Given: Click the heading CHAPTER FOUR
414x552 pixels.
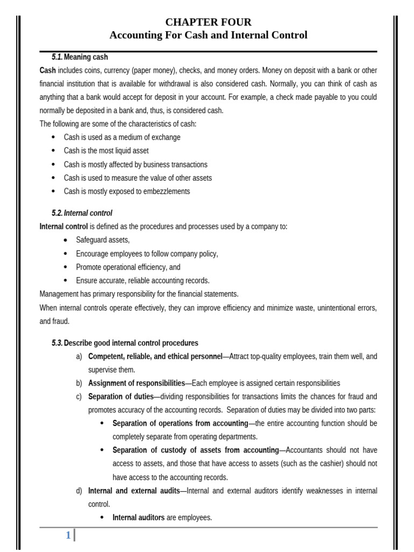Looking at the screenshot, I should (208, 22).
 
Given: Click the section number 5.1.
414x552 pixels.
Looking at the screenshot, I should (57, 57).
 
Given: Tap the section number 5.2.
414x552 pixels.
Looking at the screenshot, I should (57, 213).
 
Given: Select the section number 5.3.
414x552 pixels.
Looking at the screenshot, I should (57, 343).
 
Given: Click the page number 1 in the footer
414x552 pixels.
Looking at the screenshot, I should (68, 535).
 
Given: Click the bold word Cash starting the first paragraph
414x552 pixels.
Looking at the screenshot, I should (47, 70).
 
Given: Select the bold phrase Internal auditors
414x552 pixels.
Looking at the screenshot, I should (139, 517).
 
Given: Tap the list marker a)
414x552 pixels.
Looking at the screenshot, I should (79, 356).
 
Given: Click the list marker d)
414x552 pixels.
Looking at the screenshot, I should (79, 491).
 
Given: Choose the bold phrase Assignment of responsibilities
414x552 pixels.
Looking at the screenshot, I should (136, 383).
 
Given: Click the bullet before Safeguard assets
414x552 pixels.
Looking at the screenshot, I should (65, 240).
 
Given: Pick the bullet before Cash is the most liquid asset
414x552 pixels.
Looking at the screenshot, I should (53, 151).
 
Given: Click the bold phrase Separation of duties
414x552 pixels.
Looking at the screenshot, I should (121, 397).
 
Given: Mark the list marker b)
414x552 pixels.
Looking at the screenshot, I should (79, 383).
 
